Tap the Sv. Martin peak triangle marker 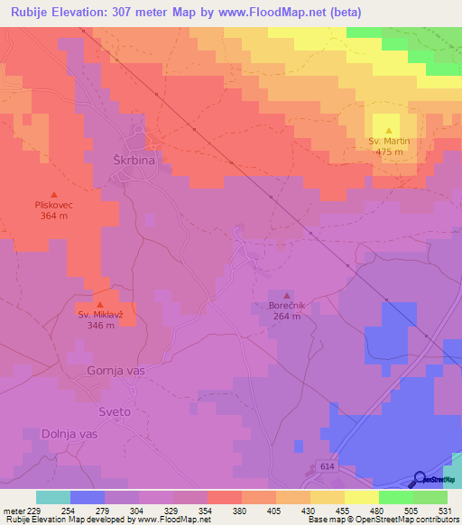pos(389,131)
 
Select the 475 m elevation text pos(389,152)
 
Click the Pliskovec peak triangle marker pos(54,194)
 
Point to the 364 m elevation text pos(54,216)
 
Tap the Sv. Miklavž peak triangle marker pos(100,304)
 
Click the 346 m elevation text pos(100,326)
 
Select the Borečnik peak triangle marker pos(287,295)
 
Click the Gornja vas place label pos(115,371)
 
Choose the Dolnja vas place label pos(69,434)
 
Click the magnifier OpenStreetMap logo pos(420,479)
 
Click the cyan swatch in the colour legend pos(53,497)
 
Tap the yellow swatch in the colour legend pos(361,497)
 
